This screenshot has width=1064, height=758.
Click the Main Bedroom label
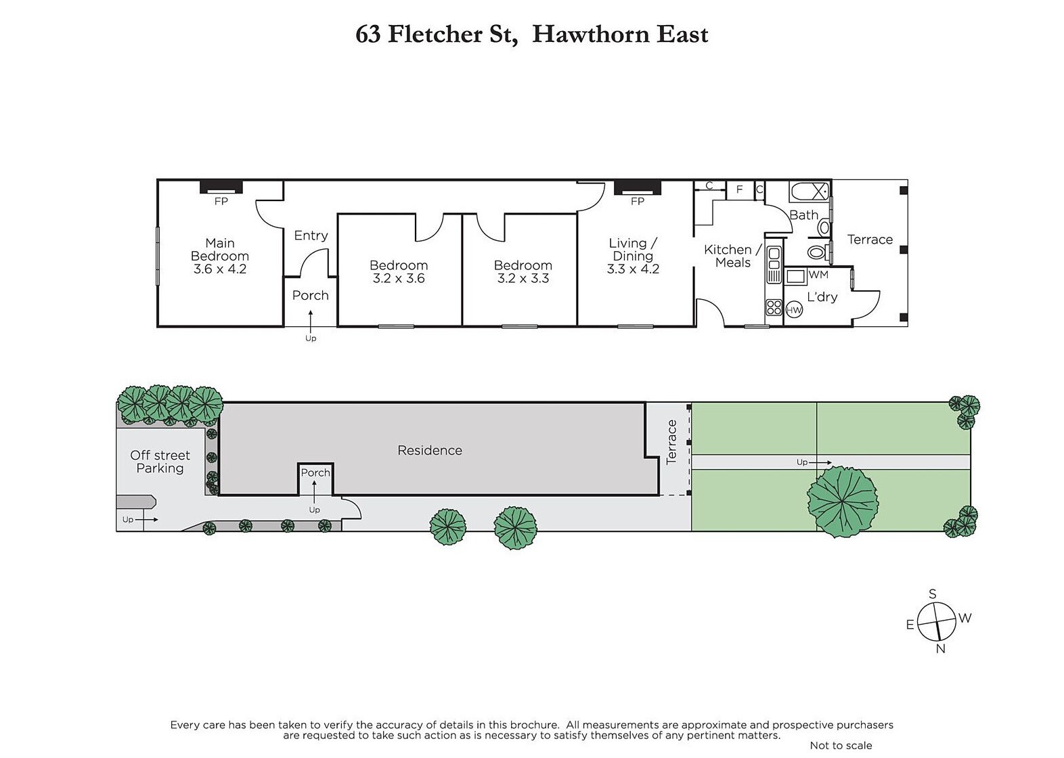[220, 249]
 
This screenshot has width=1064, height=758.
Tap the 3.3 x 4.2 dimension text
[633, 269]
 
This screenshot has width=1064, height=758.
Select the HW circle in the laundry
[794, 311]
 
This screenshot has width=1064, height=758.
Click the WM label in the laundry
[818, 275]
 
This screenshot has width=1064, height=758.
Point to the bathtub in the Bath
[810, 191]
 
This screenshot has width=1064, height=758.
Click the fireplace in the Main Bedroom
[221, 187]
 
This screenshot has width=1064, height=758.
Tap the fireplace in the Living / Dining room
[638, 187]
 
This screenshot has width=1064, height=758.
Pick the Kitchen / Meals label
[732, 256]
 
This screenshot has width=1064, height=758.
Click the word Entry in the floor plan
[311, 236]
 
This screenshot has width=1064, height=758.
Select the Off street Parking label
[160, 462]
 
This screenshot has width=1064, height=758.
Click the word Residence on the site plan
[429, 450]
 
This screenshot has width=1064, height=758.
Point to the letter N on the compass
[941, 649]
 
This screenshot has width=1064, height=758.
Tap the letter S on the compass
[933, 594]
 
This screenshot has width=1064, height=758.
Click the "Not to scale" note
[841, 746]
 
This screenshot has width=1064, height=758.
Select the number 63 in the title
[368, 35]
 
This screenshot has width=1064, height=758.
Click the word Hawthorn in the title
[590, 35]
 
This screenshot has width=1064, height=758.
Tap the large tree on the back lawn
[843, 501]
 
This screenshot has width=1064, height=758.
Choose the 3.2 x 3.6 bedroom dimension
[399, 278]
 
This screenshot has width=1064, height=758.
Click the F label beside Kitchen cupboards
[739, 189]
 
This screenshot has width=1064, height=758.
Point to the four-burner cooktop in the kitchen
[774, 307]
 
